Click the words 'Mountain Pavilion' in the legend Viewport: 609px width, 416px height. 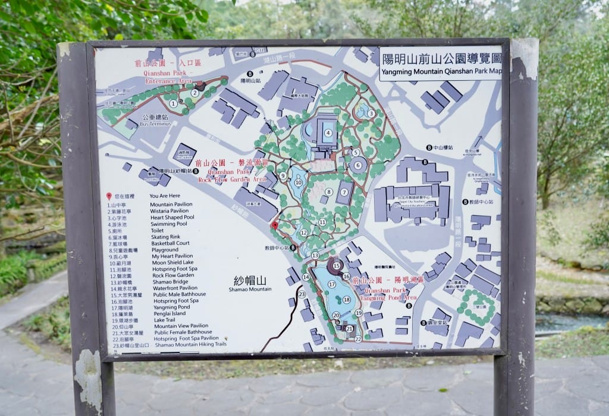[x=171, y=204]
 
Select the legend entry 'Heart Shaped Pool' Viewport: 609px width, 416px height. [x=172, y=217]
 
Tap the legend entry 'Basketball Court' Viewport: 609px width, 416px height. [x=171, y=243]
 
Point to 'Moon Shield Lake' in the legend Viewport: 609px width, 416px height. [x=172, y=263]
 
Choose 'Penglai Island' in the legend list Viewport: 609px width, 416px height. [x=169, y=313]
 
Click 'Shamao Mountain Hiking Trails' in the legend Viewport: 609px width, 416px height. [x=190, y=345]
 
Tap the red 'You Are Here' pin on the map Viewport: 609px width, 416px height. [x=275, y=226]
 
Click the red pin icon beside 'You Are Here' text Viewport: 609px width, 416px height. [x=109, y=196]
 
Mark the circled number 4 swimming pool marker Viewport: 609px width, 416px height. [x=328, y=133]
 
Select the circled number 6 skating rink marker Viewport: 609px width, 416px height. [x=359, y=166]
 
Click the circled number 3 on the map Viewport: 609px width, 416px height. [x=371, y=114]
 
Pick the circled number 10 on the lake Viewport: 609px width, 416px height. [x=299, y=182]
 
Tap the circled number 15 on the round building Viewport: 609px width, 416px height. [x=337, y=266]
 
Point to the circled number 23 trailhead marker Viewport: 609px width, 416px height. [x=302, y=294]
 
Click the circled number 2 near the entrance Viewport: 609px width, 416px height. [x=194, y=92]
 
